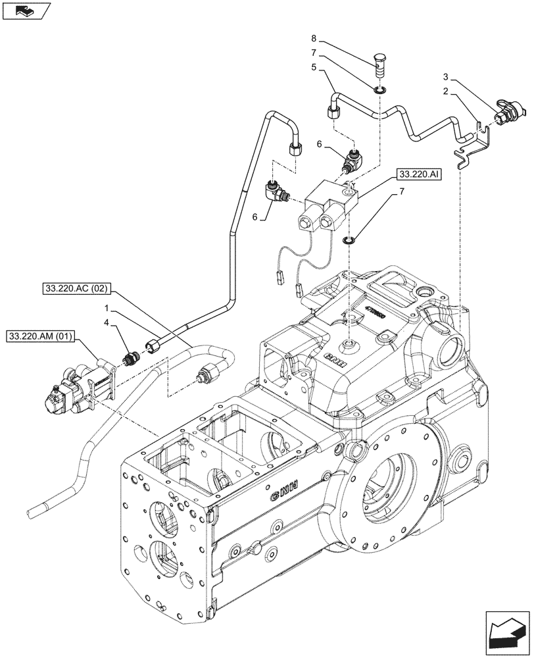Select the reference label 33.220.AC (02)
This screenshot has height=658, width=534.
tap(77, 288)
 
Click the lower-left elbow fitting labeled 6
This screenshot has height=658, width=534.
tap(276, 191)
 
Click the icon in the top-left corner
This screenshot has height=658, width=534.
tap(26, 11)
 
